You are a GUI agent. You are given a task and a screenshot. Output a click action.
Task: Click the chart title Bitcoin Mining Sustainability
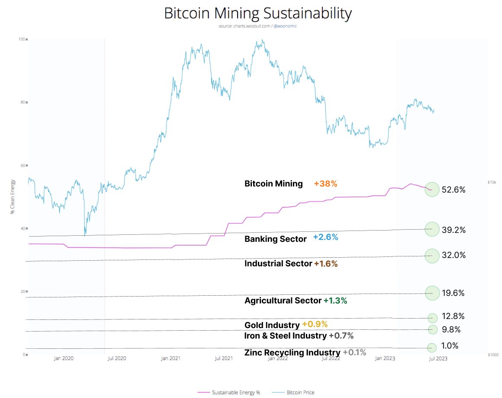point(258,13)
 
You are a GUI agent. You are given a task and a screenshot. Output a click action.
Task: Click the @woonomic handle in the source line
point(285,26)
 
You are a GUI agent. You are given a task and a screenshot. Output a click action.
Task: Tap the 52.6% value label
point(454,190)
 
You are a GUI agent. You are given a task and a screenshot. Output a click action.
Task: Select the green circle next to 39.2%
point(432,229)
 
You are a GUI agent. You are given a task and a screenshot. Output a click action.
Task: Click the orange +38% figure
point(325,183)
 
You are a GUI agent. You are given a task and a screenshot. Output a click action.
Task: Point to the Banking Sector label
point(276,239)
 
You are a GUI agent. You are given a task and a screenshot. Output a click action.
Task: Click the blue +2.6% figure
point(325,237)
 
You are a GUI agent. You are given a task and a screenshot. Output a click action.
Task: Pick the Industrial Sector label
point(278,263)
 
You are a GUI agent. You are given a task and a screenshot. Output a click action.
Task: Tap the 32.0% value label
point(454,255)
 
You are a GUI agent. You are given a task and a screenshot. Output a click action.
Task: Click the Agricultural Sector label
point(283,300)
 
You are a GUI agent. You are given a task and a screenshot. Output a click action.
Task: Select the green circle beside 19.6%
point(432,293)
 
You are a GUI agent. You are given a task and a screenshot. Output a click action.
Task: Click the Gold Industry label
point(272,325)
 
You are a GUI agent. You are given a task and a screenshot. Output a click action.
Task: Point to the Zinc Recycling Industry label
point(292,353)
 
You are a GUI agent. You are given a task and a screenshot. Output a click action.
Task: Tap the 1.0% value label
point(450,346)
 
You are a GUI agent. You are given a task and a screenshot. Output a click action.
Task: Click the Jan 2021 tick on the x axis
point(170,358)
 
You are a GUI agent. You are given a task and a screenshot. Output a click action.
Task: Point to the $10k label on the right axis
point(492,183)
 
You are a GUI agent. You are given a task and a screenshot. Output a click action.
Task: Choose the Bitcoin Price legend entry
point(294,392)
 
